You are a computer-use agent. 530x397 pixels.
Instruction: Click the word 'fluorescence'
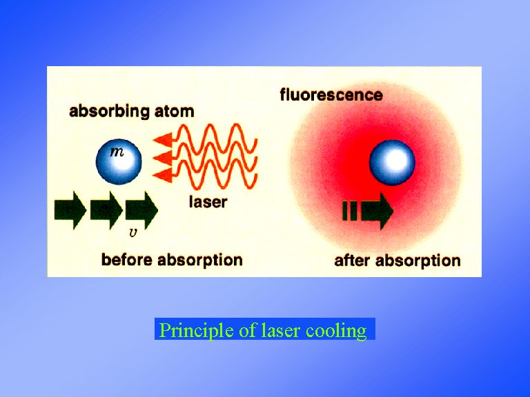(331, 95)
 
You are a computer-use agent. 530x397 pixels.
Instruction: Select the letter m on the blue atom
(117, 152)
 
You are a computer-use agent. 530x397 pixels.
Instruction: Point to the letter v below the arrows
(133, 232)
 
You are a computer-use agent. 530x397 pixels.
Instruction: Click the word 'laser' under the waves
(208, 202)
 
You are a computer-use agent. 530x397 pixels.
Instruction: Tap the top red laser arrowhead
(163, 139)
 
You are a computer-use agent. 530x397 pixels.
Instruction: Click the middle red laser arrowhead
(163, 158)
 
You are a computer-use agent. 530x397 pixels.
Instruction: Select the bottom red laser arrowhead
(163, 176)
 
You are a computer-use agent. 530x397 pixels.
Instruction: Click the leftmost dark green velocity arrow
(70, 210)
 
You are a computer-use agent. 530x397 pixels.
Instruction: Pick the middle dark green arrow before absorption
(106, 210)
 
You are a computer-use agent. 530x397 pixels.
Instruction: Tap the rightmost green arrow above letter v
(141, 210)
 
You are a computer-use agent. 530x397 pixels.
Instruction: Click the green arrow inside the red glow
(368, 211)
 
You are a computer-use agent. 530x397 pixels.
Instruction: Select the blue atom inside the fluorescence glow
(392, 163)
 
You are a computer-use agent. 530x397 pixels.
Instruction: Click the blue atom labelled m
(119, 161)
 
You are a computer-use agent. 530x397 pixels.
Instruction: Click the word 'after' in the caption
(353, 261)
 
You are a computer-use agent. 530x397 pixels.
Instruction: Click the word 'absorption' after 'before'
(200, 261)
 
